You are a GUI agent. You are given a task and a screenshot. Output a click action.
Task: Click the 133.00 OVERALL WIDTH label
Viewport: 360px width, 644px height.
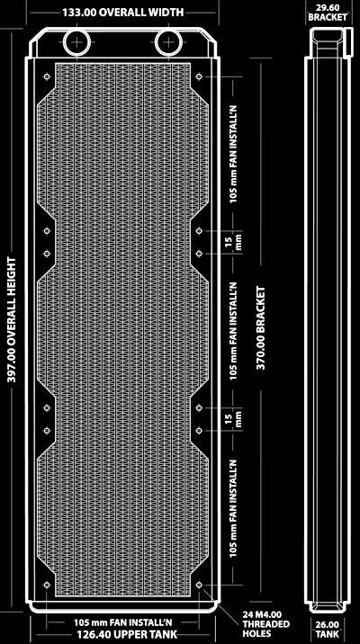click(x=123, y=13)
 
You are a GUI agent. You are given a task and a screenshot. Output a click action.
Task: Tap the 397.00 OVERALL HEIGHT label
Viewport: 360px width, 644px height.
click(x=12, y=320)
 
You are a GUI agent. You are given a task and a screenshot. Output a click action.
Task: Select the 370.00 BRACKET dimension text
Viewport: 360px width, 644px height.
click(x=260, y=327)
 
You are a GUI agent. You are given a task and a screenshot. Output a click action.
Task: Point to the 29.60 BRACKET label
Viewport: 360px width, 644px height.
click(x=328, y=13)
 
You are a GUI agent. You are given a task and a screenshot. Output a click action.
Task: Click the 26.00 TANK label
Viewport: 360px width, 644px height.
click(x=328, y=629)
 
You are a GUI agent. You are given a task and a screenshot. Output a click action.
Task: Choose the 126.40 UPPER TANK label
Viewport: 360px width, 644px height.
click(x=127, y=634)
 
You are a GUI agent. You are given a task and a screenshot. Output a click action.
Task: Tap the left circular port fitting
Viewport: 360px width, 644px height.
click(x=76, y=42)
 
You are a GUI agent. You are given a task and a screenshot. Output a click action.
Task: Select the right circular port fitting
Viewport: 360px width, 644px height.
click(x=169, y=42)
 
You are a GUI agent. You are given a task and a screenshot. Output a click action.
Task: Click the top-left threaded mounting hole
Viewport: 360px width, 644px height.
click(x=47, y=76)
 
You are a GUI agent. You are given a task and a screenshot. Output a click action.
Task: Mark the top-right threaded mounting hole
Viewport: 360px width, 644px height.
click(x=199, y=76)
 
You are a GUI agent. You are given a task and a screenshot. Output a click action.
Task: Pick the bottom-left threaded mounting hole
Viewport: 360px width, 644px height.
click(x=47, y=585)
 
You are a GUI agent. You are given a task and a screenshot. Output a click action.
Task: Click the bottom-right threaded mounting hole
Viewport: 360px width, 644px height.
click(x=199, y=585)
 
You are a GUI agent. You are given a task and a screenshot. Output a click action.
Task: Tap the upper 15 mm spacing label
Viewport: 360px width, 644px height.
click(x=232, y=242)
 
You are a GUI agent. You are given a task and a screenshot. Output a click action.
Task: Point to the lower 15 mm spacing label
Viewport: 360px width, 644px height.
click(x=232, y=419)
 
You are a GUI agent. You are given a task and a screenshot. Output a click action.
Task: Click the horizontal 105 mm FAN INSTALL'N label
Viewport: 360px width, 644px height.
click(x=123, y=622)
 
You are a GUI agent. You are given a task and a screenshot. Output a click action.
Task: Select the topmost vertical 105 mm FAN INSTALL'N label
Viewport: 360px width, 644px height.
click(x=233, y=156)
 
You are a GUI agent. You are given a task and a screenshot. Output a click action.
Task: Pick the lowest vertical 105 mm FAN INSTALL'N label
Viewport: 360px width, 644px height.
click(x=233, y=508)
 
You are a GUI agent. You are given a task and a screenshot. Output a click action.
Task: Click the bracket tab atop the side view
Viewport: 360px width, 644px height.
click(x=348, y=42)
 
